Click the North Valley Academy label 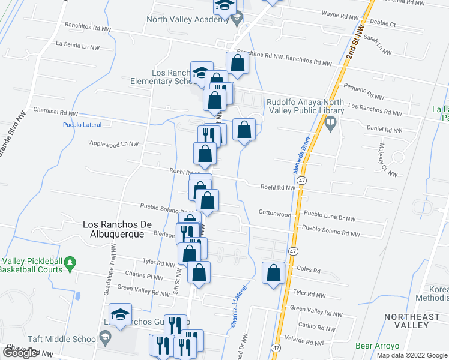click(186, 19)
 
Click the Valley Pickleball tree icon click(70, 263)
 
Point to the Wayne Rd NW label click(340, 13)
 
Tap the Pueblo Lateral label click(82, 125)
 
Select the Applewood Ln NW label click(114, 144)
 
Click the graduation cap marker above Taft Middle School click(120, 315)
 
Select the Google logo click(20, 353)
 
